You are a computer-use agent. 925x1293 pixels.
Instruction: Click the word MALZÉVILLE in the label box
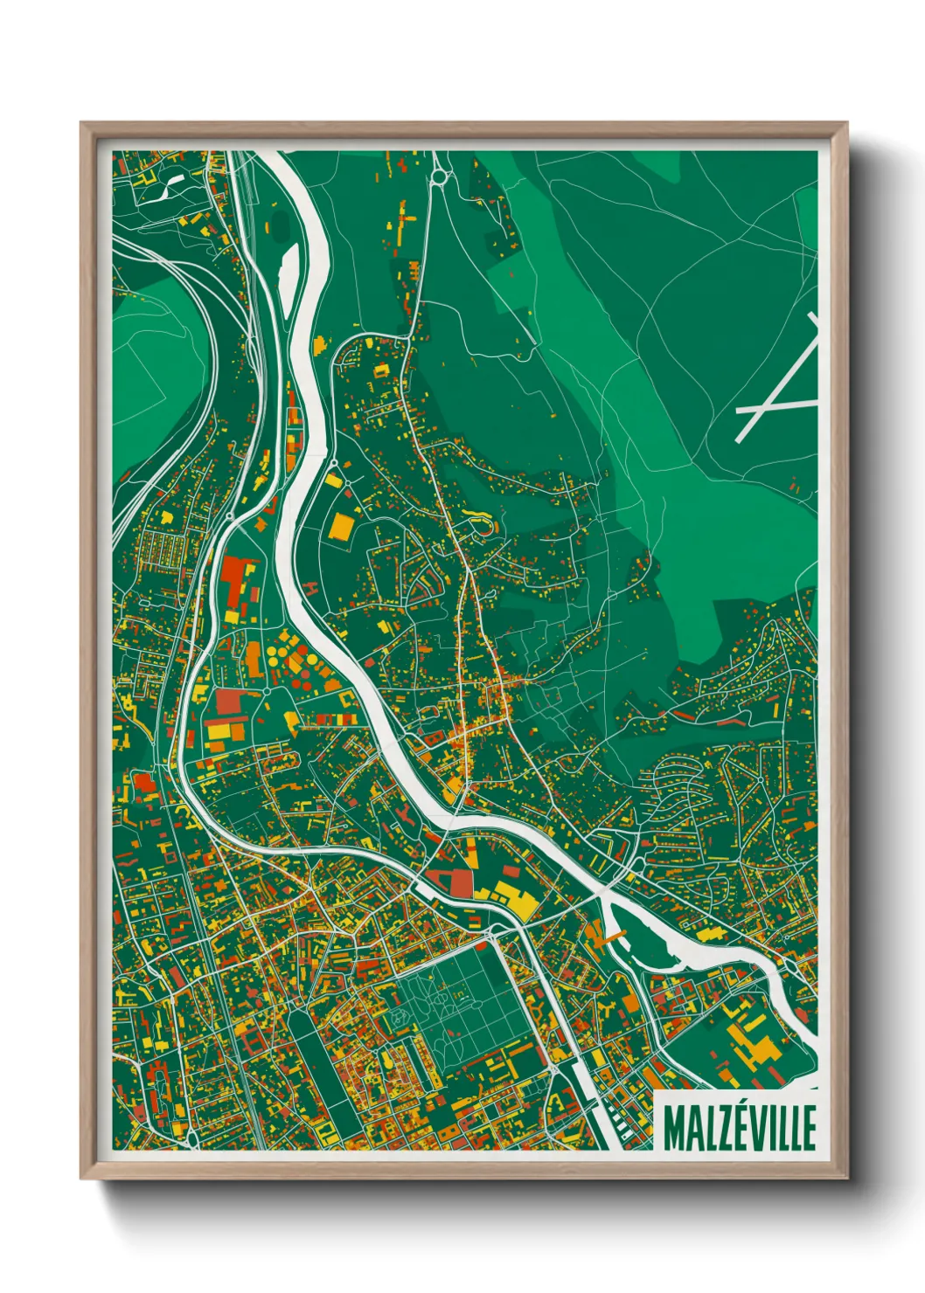(x=740, y=1128)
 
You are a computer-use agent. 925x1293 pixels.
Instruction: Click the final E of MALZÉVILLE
(x=809, y=1128)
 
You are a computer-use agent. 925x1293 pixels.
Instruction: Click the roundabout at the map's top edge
(x=438, y=178)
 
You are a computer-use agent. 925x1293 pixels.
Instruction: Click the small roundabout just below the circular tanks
(x=266, y=692)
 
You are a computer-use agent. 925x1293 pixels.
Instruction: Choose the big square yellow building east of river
(x=340, y=526)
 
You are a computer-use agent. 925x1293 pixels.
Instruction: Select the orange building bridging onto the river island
(x=609, y=936)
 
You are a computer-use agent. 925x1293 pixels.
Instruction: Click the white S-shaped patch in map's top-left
(x=170, y=185)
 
